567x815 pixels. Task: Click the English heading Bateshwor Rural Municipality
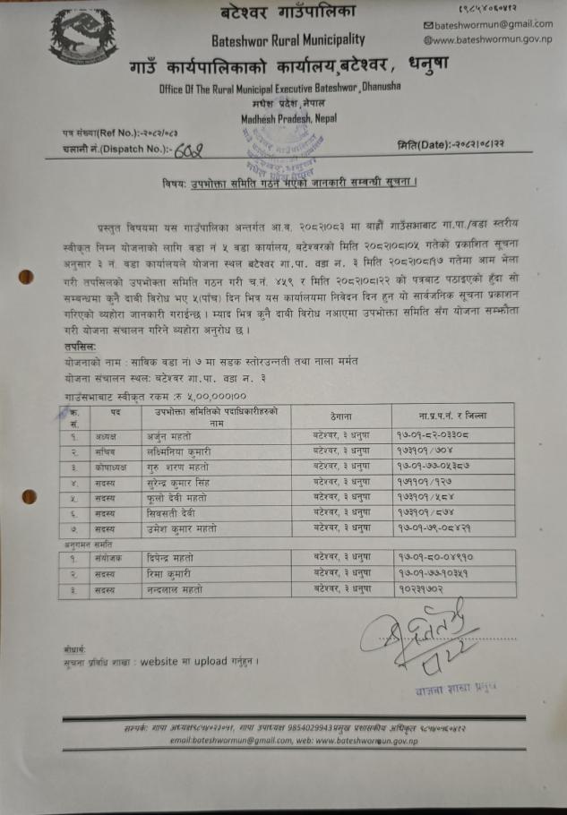[288, 39]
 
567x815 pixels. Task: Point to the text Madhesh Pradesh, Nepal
[281, 117]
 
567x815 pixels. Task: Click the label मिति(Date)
[422, 145]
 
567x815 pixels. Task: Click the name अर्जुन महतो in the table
[169, 434]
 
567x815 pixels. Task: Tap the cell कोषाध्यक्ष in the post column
[116, 466]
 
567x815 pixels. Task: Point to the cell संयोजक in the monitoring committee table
[114, 557]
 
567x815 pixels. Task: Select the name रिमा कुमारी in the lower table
[168, 573]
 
